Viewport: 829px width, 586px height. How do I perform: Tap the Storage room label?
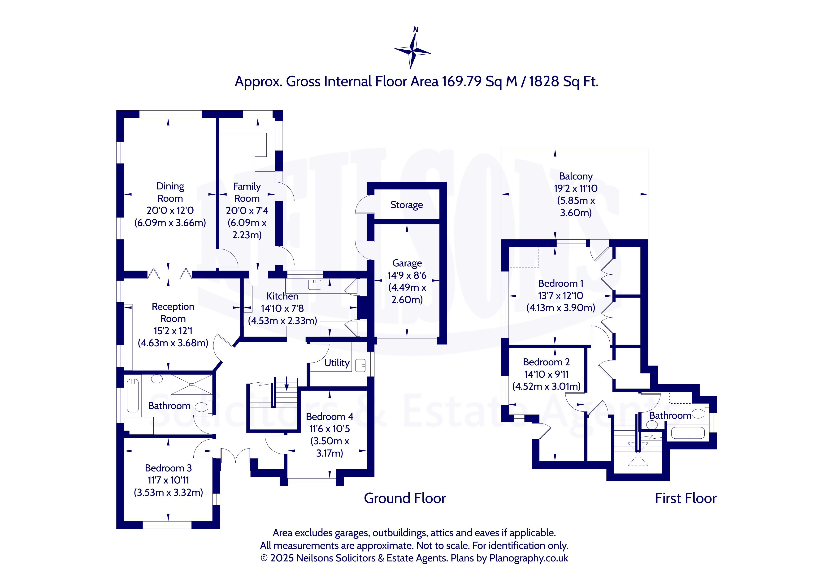pyautogui.click(x=407, y=205)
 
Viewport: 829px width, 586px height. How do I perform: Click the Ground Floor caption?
pyautogui.click(x=405, y=498)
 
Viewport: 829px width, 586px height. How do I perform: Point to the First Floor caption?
pyautogui.click(x=686, y=498)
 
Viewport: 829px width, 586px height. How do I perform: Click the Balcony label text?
pyautogui.click(x=576, y=176)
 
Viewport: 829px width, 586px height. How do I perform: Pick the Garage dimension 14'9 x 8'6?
pyautogui.click(x=407, y=275)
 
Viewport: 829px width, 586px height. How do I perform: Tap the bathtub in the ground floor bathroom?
pyautogui.click(x=133, y=395)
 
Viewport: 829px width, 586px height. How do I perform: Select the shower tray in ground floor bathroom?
pyautogui.click(x=191, y=384)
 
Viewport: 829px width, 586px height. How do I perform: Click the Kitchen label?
pyautogui.click(x=282, y=296)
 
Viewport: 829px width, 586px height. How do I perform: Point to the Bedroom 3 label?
pyautogui.click(x=168, y=468)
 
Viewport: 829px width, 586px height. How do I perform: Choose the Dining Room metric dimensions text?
pyautogui.click(x=170, y=223)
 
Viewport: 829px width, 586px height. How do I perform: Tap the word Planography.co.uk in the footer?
pyautogui.click(x=529, y=558)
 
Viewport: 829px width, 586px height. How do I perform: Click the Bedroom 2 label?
pyautogui.click(x=546, y=362)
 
